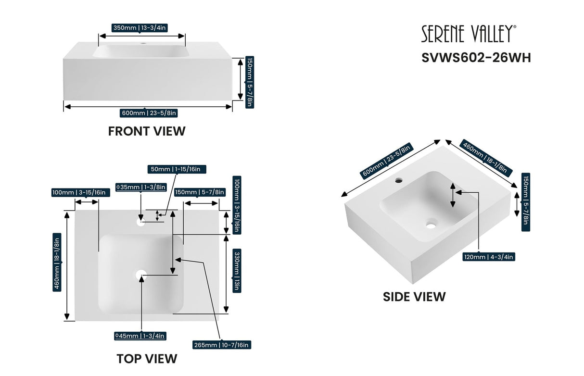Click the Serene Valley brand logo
point(469,34)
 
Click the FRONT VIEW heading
point(147,131)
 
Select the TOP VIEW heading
point(147,359)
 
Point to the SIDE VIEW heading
point(414,297)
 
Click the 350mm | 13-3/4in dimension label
point(140,27)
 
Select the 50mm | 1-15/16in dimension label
point(177,169)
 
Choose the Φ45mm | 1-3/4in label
point(140,336)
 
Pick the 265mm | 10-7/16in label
point(221,345)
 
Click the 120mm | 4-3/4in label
point(489,257)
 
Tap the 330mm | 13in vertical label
point(237,270)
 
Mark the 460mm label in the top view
point(57,263)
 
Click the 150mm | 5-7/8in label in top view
point(199,192)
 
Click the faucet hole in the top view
point(140,222)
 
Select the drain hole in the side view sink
point(431,224)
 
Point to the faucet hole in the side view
point(399,181)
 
